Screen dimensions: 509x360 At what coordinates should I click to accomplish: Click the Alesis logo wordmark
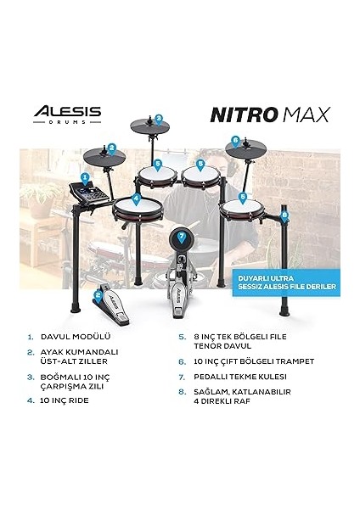(67, 111)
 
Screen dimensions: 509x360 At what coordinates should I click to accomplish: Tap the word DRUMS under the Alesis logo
(67, 122)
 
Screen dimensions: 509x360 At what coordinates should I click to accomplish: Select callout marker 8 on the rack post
(285, 215)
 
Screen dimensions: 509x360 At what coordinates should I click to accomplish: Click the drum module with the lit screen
(87, 194)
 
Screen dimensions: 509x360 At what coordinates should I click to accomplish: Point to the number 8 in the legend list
(182, 392)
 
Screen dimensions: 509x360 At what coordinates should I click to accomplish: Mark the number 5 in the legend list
(182, 336)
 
